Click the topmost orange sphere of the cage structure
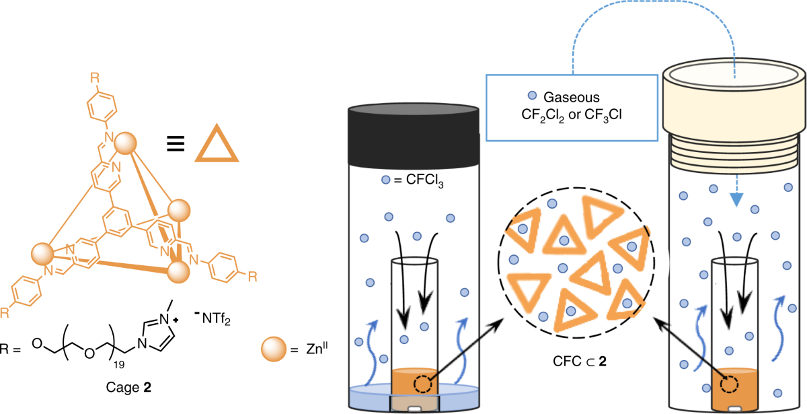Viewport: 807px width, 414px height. pyautogui.click(x=124, y=145)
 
